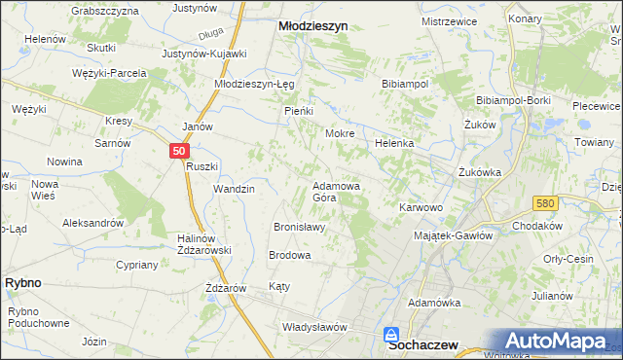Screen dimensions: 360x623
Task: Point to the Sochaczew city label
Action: [424, 343]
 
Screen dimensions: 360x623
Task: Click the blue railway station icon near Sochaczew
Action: [391, 333]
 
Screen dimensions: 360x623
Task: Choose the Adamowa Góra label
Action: [337, 191]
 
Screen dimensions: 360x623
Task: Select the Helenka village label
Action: [395, 143]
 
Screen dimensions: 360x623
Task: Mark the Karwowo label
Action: [421, 207]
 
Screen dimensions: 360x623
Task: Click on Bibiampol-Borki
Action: [514, 100]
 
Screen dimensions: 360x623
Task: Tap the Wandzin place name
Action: [234, 189]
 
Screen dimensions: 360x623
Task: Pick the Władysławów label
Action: [314, 327]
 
